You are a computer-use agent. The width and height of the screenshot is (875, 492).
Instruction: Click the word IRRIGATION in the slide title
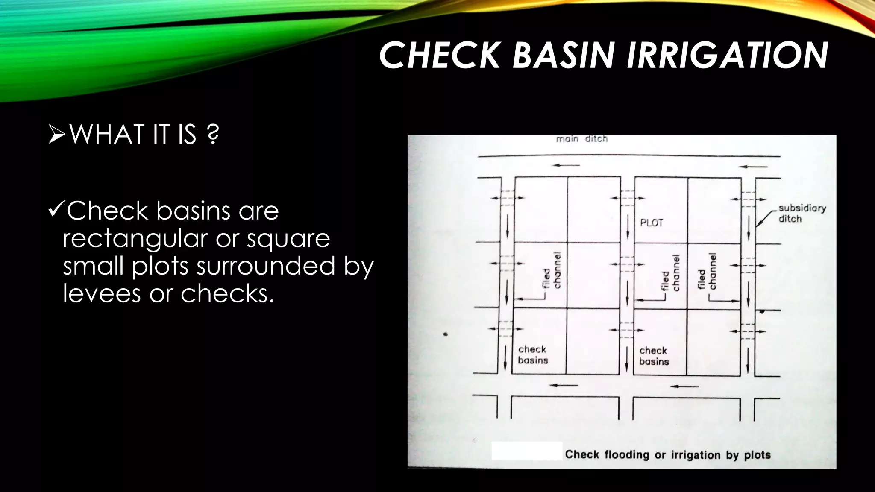727,56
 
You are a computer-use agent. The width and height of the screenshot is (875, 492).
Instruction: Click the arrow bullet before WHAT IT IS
57,134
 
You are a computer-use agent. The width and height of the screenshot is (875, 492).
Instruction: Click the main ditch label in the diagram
581,139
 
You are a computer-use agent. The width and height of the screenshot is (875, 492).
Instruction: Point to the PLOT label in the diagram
651,223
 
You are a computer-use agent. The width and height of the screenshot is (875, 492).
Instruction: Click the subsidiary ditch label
796,213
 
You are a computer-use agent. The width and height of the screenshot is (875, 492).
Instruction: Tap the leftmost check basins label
532,354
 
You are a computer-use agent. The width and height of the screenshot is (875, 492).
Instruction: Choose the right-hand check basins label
653,356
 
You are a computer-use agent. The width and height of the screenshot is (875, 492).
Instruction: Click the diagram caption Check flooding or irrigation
667,454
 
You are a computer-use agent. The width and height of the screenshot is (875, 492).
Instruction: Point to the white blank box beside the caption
526,451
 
